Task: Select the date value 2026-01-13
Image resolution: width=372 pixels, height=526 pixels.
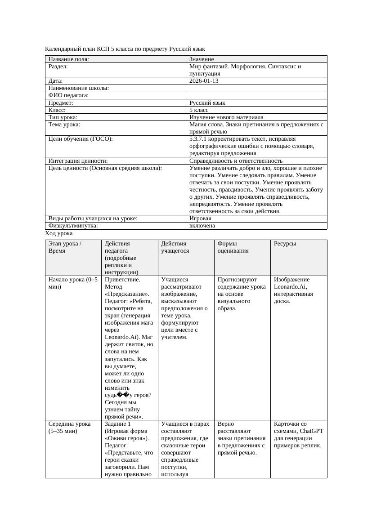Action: [x=204, y=81]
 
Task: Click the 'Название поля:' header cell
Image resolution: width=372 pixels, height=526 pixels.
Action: [x=69, y=59]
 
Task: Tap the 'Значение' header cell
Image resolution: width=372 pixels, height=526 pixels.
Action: [x=202, y=59]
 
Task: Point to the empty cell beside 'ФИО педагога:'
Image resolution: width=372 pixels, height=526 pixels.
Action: [x=256, y=95]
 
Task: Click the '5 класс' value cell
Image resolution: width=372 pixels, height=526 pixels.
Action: [x=199, y=110]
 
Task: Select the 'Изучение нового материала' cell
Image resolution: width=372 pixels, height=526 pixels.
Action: [x=226, y=117]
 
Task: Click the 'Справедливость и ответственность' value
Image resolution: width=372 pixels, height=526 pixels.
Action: [x=236, y=160]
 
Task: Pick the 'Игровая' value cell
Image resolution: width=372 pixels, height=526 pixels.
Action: [x=200, y=218]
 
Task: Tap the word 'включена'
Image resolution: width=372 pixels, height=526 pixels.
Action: [x=202, y=226]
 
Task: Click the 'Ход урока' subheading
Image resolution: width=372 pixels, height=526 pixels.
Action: [x=59, y=233]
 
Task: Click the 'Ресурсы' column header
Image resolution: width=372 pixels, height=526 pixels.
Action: [x=285, y=244]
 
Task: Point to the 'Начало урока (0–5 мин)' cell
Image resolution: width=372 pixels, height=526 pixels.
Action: [x=73, y=283]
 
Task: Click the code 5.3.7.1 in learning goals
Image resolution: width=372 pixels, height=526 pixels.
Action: [x=198, y=139]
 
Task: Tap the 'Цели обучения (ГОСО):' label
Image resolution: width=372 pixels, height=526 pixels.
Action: [x=81, y=139]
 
